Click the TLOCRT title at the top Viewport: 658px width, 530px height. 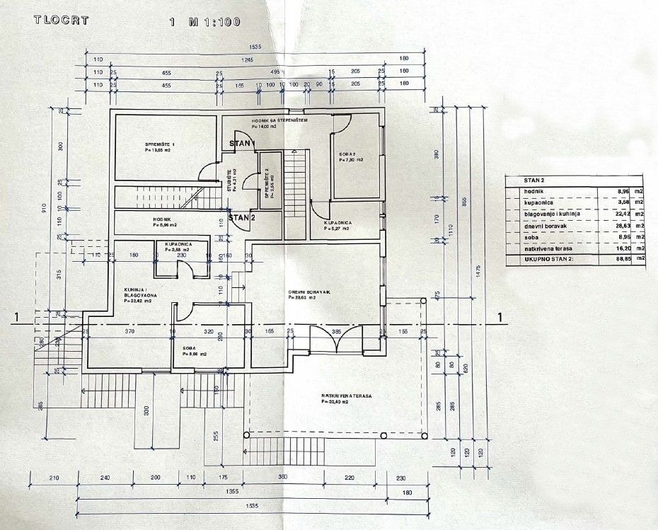(61, 20)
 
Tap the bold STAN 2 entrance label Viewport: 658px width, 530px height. (242, 217)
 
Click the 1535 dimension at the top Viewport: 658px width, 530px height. (255, 47)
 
